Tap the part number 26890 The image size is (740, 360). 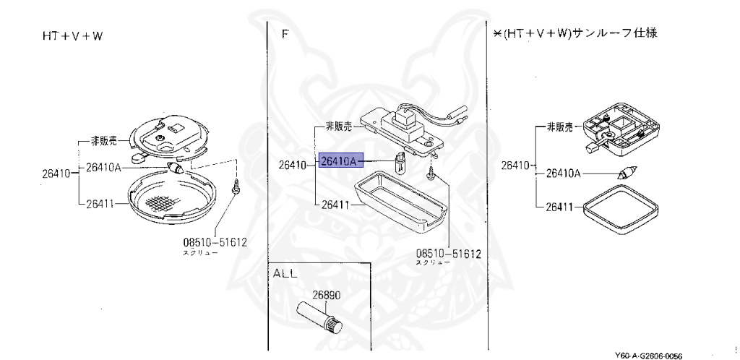click(326, 295)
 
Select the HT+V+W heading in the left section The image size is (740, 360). click(72, 35)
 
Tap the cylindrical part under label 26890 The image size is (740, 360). click(321, 318)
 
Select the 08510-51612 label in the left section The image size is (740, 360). click(215, 242)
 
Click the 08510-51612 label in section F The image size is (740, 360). click(448, 254)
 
